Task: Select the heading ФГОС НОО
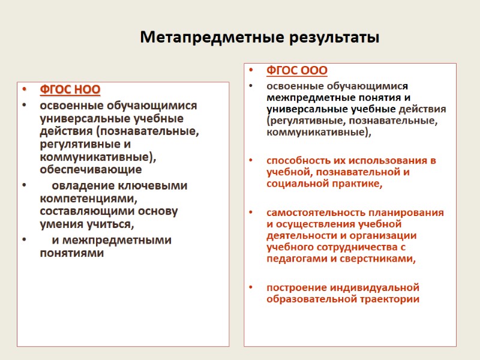tap(70, 91)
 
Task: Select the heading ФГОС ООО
tap(297, 71)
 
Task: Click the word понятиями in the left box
tap(71, 253)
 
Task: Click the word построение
tap(295, 287)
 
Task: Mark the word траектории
tap(389, 299)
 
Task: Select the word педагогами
tap(294, 259)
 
